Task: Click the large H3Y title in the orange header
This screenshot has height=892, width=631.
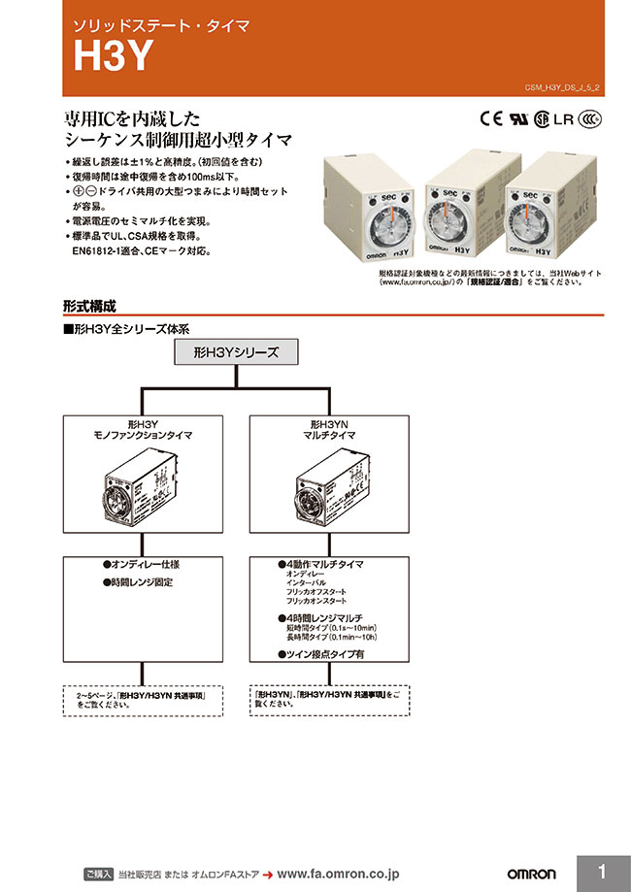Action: pyautogui.click(x=115, y=59)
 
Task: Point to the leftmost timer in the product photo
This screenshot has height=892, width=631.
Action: pyautogui.click(x=370, y=219)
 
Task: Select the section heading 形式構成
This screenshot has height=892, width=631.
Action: pyautogui.click(x=90, y=305)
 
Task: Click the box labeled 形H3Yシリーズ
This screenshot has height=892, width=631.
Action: pyautogui.click(x=236, y=352)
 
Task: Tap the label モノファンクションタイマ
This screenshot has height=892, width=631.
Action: pyautogui.click(x=142, y=437)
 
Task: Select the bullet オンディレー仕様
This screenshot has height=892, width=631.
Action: pyautogui.click(x=142, y=564)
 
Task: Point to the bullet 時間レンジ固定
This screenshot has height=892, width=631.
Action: pyautogui.click(x=139, y=582)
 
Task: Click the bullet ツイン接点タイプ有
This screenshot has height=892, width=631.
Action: pyautogui.click(x=321, y=656)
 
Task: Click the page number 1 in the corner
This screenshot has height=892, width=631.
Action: pyautogui.click(x=602, y=872)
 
